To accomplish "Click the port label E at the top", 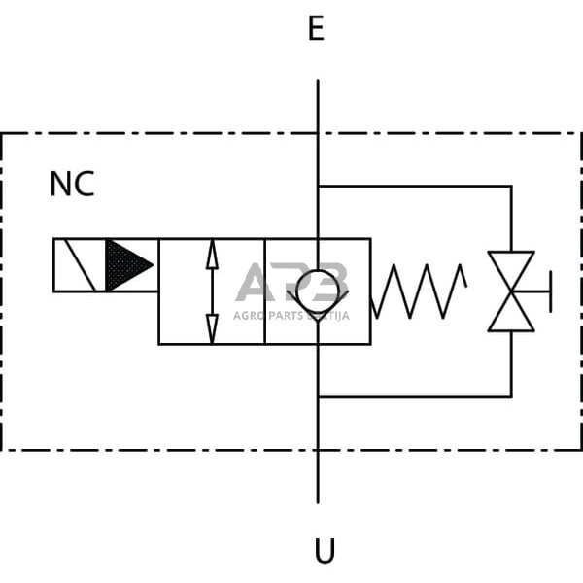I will click(316, 29).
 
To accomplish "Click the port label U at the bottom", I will click(324, 552).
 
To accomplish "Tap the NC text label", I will click(72, 185).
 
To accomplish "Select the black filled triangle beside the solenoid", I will click(126, 264).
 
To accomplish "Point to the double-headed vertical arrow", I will click(212, 291).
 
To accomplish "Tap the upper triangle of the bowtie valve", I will click(511, 270).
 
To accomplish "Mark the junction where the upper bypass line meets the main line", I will click(318, 186).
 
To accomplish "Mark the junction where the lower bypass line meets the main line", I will click(318, 396).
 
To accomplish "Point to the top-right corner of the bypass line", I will click(511, 186).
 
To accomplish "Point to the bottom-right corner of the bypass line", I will click(511, 396).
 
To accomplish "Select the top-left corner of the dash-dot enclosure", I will click(2, 133).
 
